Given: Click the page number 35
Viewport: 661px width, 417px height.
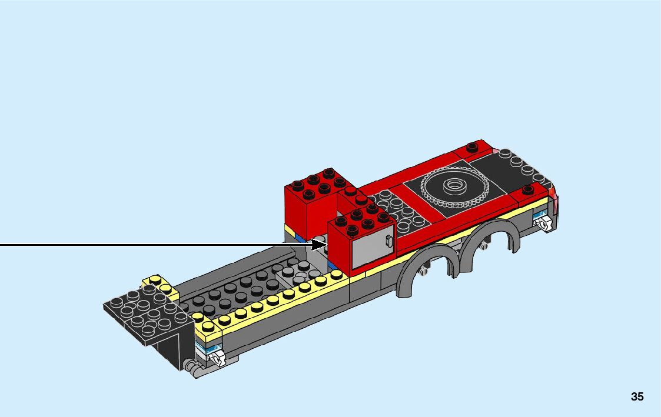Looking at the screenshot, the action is (x=637, y=396).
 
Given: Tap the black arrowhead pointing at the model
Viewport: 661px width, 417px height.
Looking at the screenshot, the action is (x=318, y=244).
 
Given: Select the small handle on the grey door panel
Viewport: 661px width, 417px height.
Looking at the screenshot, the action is (x=388, y=241).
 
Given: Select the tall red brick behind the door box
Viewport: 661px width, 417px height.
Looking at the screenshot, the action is (x=310, y=202).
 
